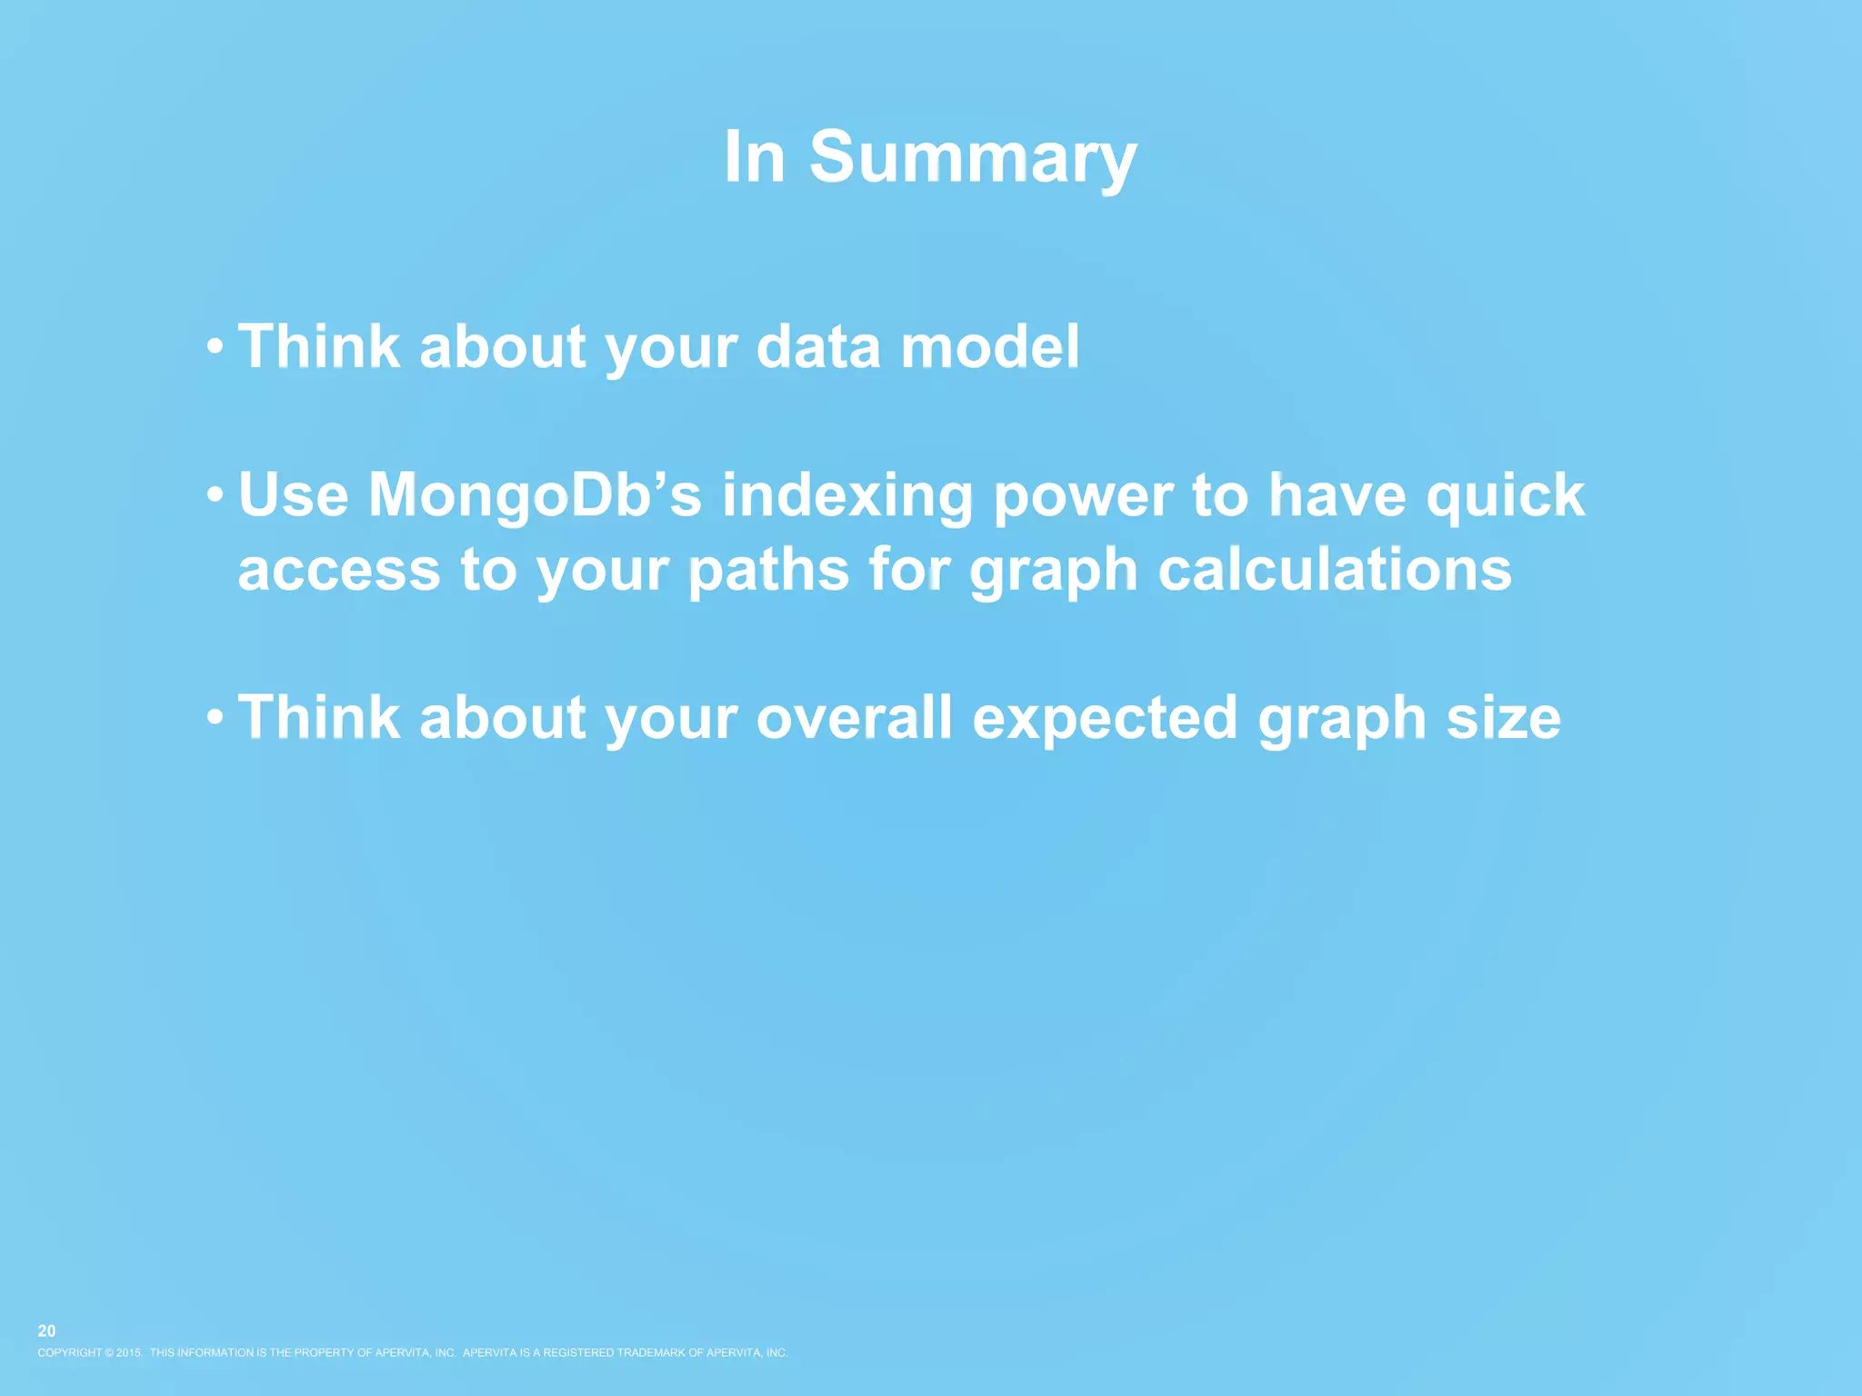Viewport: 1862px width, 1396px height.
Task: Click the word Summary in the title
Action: [972, 157]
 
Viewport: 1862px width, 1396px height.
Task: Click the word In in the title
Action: [755, 157]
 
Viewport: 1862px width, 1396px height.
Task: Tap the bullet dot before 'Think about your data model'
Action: [215, 346]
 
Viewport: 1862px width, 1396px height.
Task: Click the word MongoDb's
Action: [535, 495]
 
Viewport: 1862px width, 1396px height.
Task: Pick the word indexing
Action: [847, 497]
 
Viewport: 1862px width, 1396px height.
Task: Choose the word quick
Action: [1505, 495]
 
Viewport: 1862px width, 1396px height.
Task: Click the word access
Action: [339, 571]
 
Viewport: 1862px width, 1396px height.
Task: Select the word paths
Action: [768, 571]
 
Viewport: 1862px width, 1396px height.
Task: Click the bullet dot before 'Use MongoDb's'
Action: [215, 495]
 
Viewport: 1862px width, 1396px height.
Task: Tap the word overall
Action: [854, 717]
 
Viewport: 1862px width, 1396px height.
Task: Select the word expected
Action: [1105, 719]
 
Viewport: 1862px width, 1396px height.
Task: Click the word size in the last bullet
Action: [1503, 717]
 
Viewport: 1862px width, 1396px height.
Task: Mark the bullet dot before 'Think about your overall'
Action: [215, 717]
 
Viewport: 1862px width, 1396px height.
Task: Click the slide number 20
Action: [46, 1331]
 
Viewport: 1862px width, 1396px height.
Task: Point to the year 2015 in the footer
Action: [128, 1352]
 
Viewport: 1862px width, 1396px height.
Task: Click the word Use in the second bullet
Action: [293, 495]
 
